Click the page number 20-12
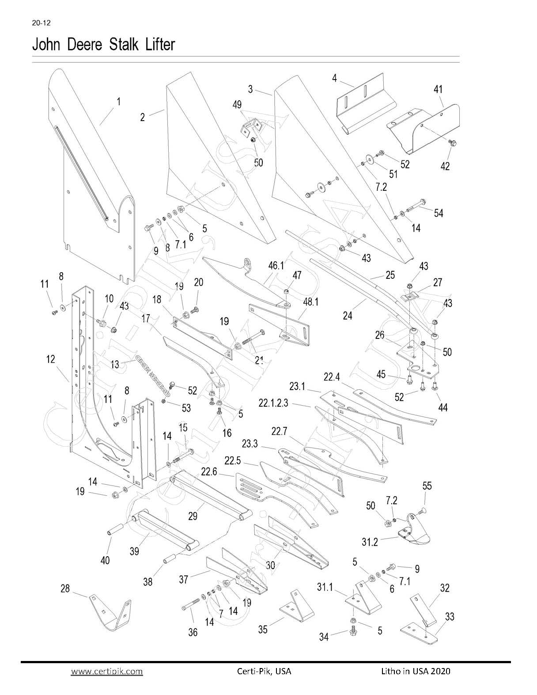pos(41,23)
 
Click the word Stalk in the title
pos(123,44)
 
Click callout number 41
pos(438,89)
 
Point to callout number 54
pos(439,213)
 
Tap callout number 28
pos(65,589)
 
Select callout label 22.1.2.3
pos(273,403)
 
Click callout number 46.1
pos(276,266)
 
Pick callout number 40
pos(105,560)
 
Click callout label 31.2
pos(370,542)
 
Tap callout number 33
pos(450,616)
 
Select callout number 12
pos(51,359)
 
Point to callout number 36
pos(193,632)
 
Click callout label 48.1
pos(310,302)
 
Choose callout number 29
pos(193,516)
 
